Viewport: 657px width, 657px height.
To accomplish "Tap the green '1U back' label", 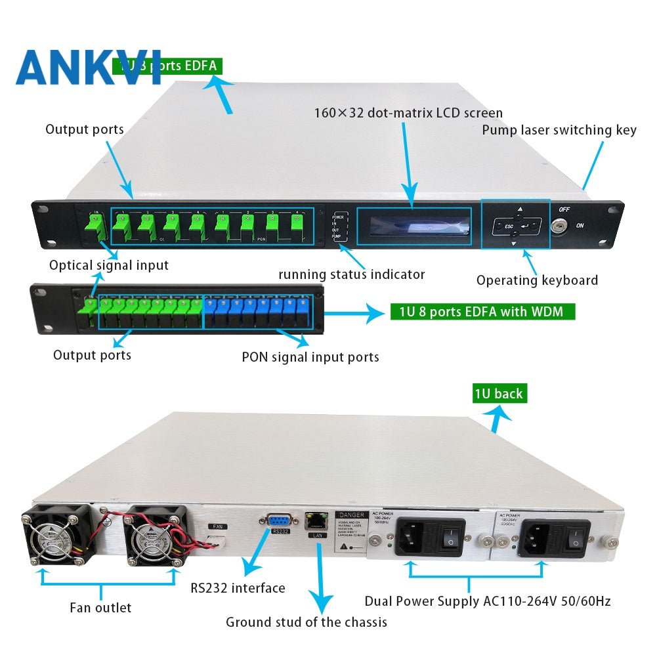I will coord(499,394).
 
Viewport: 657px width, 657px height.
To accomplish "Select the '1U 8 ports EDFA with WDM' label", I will coord(481,311).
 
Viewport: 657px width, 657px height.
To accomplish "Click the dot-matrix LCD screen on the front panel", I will coord(413,227).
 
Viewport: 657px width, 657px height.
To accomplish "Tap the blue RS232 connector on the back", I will coord(280,520).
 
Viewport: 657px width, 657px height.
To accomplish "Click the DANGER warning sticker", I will coord(350,532).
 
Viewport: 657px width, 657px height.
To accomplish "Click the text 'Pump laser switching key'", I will coord(559,130).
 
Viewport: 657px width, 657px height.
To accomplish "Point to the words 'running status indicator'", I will coord(351,274).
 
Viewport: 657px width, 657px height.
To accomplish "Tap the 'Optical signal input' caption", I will coord(109,265).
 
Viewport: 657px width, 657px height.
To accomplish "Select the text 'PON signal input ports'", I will coord(310,358).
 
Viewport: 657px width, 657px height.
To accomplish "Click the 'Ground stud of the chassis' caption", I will coord(307,622).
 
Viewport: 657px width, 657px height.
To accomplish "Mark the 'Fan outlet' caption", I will coord(100,608).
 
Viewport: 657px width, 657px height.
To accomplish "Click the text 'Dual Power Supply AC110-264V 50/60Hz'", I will coord(488,601).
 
